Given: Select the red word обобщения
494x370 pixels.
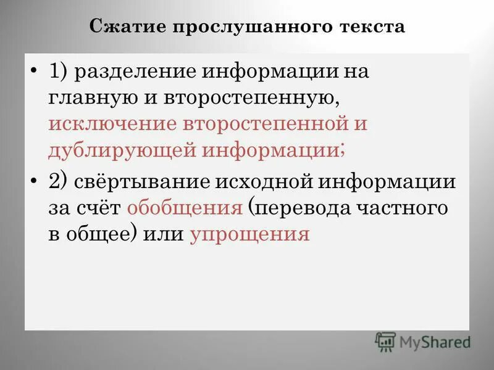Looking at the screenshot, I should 184,208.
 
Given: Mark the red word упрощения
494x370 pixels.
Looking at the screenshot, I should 249,234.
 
